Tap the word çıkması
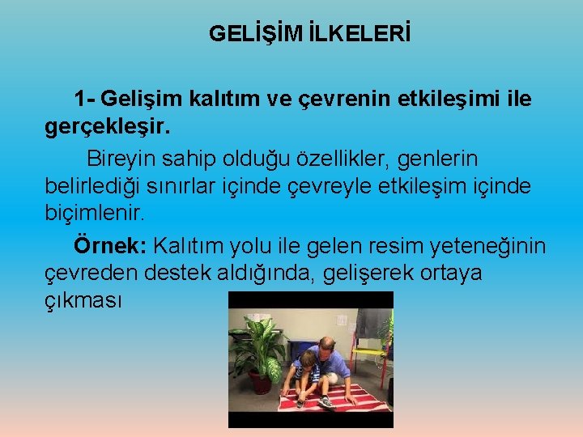[x=83, y=301]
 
